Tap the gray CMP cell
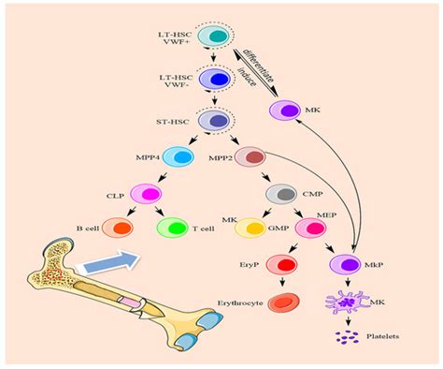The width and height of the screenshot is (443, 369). [x=281, y=195]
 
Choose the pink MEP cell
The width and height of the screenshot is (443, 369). [x=309, y=229]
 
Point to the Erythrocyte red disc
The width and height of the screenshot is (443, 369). [x=283, y=304]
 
